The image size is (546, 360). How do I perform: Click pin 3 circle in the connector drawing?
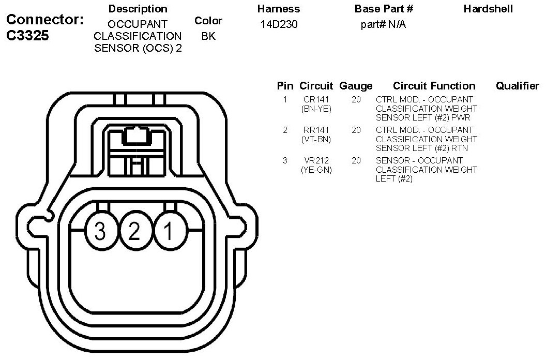pyautogui.click(x=100, y=231)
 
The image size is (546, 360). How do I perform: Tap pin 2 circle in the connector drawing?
pyautogui.click(x=134, y=231)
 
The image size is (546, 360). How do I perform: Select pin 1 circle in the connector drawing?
pyautogui.click(x=168, y=231)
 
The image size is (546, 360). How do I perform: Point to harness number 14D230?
pyautogui.click(x=278, y=24)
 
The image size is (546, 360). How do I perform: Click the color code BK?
pyautogui.click(x=208, y=37)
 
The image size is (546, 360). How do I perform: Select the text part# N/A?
pyautogui.click(x=383, y=24)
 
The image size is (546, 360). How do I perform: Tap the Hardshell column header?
pyautogui.click(x=488, y=9)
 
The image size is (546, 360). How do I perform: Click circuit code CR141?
pyautogui.click(x=316, y=99)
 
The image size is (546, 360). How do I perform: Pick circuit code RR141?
pyautogui.click(x=316, y=130)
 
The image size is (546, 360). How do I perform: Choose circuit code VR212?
pyautogui.click(x=316, y=161)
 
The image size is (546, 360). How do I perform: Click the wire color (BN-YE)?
pyautogui.click(x=316, y=109)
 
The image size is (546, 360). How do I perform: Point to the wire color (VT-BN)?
pyautogui.click(x=316, y=139)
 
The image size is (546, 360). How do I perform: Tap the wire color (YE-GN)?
pyautogui.click(x=316, y=170)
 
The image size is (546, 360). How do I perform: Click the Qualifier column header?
pyautogui.click(x=517, y=86)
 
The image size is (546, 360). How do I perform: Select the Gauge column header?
pyautogui.click(x=356, y=86)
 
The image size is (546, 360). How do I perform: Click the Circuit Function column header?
pyautogui.click(x=434, y=86)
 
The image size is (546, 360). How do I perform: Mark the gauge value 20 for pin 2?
pyautogui.click(x=356, y=130)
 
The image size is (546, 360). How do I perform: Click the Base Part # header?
pyautogui.click(x=384, y=9)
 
